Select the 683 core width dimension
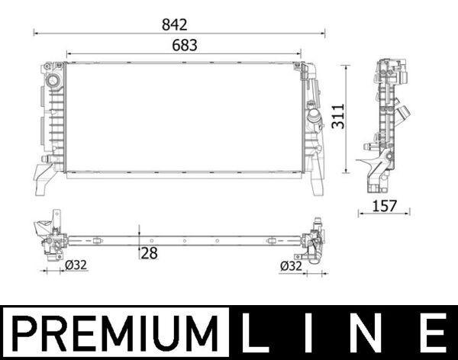(184, 46)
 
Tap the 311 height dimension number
(338, 115)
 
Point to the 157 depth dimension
(385, 204)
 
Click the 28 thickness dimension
(148, 253)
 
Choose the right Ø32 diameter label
(293, 266)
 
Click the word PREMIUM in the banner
(114, 333)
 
